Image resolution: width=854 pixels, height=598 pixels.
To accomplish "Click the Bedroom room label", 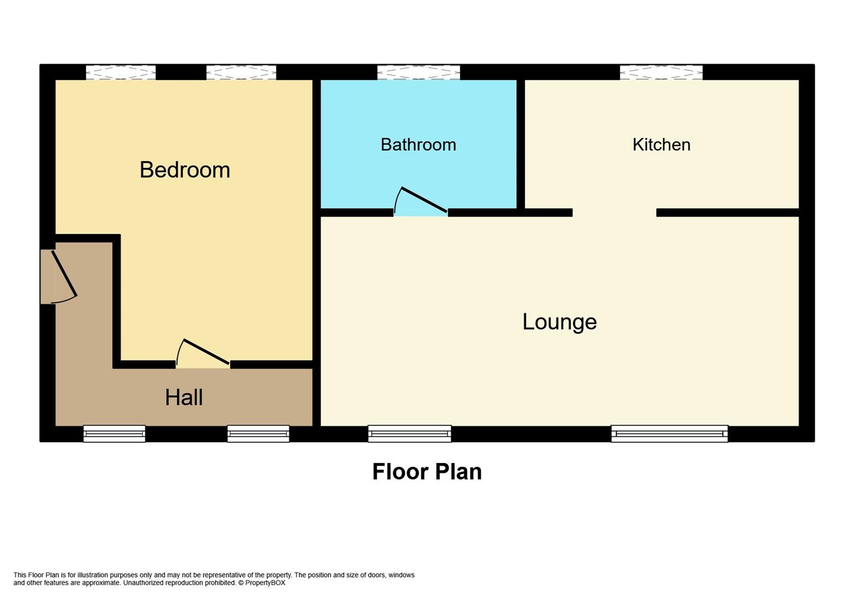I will tap(184, 169).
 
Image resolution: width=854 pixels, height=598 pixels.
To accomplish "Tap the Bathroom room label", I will tap(418, 145).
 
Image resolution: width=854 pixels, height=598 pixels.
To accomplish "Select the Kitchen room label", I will tap(661, 145).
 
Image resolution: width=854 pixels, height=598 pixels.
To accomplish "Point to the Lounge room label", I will tap(559, 322).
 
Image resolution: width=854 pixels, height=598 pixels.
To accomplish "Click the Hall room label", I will tap(184, 398).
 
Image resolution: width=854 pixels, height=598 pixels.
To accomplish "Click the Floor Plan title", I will tap(426, 472).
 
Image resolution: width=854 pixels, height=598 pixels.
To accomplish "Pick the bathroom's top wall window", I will tap(418, 73).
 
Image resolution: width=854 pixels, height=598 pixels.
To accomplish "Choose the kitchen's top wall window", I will tap(661, 73).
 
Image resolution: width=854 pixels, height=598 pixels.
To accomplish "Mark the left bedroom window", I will tap(120, 73).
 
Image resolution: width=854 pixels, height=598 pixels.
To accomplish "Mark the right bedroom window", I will tap(241, 73).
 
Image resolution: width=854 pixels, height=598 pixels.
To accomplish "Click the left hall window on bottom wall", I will tap(114, 434).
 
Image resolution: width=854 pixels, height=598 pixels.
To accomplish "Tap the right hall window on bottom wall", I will tap(258, 434).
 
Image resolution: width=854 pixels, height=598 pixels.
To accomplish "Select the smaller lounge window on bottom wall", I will tap(409, 434).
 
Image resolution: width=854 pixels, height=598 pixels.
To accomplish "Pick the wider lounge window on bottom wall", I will tap(669, 434).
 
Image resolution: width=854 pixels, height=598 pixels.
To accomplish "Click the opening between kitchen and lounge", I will tap(614, 213).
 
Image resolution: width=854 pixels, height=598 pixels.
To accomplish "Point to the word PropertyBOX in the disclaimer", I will tap(265, 583).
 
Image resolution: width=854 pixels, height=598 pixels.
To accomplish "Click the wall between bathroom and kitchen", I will tap(521, 144).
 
